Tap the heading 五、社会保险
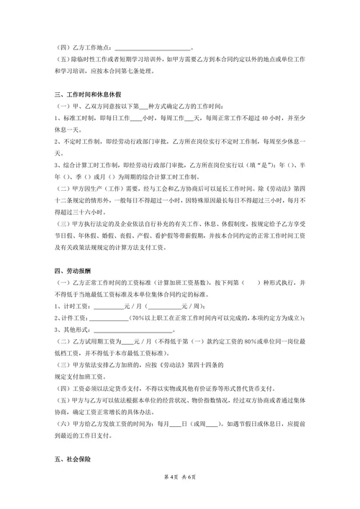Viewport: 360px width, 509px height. click(69, 459)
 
